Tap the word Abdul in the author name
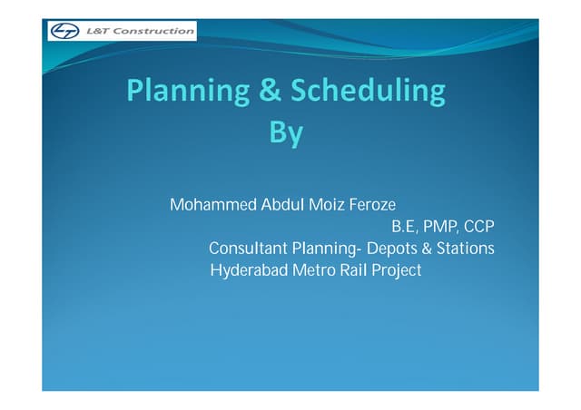click(x=284, y=205)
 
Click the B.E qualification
click(x=402, y=227)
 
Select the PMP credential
click(x=440, y=227)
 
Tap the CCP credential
click(x=478, y=227)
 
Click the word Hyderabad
click(x=247, y=270)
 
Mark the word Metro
click(x=312, y=270)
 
